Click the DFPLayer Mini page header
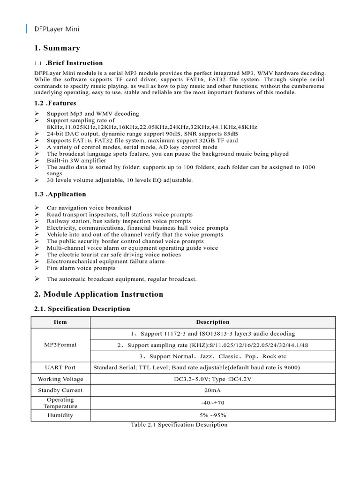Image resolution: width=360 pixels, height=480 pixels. pyautogui.click(x=57, y=29)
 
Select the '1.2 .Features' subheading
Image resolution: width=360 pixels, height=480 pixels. pyautogui.click(x=55, y=103)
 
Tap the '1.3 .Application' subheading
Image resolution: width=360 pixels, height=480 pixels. pyautogui.click(x=60, y=194)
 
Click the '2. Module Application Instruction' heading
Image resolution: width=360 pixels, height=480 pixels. pyautogui.click(x=98, y=294)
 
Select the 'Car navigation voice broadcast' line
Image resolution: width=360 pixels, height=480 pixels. pyautogui.click(x=89, y=208)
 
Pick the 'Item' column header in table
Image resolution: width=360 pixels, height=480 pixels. pyautogui.click(x=60, y=322)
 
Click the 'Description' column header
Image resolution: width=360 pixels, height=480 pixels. pyautogui.click(x=212, y=322)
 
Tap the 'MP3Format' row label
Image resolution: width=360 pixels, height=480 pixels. pyautogui.click(x=60, y=345)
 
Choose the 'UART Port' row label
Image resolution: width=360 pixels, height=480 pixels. pyautogui.click(x=60, y=367)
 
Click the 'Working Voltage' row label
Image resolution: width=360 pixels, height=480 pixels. pyautogui.click(x=60, y=379)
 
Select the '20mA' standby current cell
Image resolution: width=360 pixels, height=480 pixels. pyautogui.click(x=212, y=390)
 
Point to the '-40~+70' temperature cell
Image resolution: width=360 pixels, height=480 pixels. pyautogui.click(x=212, y=403)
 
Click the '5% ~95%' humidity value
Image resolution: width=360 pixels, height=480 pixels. pyautogui.click(x=212, y=415)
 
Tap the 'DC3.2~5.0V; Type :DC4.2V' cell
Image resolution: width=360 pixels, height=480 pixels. pyautogui.click(x=212, y=379)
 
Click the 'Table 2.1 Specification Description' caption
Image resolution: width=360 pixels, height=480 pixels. pyautogui.click(x=179, y=425)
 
